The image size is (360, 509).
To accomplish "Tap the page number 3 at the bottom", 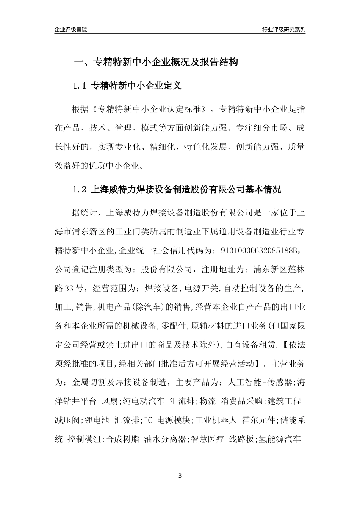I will pos(180,476).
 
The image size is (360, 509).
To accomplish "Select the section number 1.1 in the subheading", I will pos(80,86).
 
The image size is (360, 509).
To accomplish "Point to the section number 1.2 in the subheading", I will pos(80,190).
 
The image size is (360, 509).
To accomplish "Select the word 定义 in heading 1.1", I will pos(173,86).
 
